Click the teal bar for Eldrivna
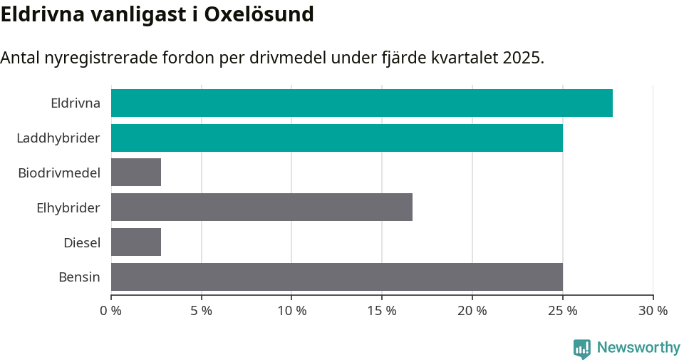click(x=361, y=103)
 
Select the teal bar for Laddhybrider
click(x=336, y=138)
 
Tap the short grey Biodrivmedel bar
click(x=136, y=173)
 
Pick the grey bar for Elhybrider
click(x=261, y=207)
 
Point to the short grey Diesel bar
click(x=136, y=242)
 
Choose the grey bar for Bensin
click(x=336, y=277)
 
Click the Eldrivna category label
click(x=75, y=103)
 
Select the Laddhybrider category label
click(x=58, y=138)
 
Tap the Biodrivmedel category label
click(x=59, y=173)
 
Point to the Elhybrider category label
click(x=68, y=207)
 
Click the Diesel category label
click(x=81, y=242)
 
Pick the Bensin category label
click(x=79, y=277)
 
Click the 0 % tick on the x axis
click(x=111, y=311)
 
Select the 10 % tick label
click(x=291, y=311)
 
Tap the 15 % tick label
click(x=382, y=311)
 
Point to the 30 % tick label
click(x=653, y=311)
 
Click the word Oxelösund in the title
click(x=259, y=14)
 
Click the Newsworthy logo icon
click(x=582, y=349)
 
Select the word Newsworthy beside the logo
click(x=638, y=348)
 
